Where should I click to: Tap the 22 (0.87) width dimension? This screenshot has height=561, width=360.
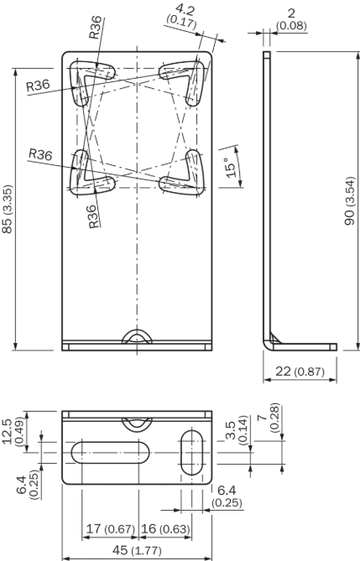[299, 370]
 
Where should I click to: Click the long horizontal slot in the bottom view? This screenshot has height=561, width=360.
[111, 453]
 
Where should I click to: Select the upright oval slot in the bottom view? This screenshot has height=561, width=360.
[191, 453]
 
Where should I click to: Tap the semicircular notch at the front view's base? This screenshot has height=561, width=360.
[135, 338]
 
